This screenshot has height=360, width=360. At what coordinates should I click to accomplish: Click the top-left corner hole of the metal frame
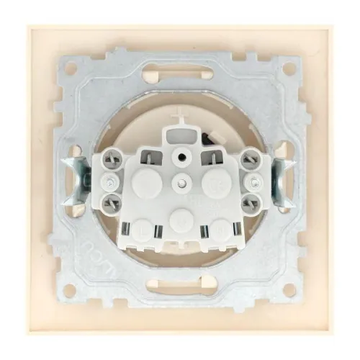(x=71, y=71)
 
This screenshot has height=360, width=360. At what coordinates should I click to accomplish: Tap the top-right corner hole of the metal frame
(x=288, y=71)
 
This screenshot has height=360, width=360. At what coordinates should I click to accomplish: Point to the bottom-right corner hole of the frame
(x=288, y=290)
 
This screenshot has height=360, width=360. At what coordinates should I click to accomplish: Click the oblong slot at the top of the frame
(x=180, y=74)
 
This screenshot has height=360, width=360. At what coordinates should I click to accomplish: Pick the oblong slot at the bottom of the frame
(x=180, y=285)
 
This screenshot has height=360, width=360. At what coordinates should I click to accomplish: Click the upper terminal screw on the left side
(x=110, y=175)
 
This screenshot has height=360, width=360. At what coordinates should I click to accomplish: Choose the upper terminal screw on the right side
(x=250, y=175)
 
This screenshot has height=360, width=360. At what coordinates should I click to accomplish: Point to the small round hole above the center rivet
(x=181, y=153)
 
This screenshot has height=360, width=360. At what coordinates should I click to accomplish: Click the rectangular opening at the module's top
(x=180, y=134)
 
